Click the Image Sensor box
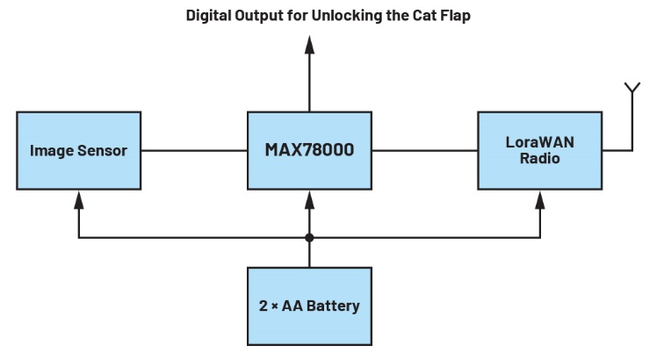tap(78, 150)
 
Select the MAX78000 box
tap(309, 150)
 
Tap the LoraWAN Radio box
tap(539, 150)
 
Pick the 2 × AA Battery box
tap(309, 306)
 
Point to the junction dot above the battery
tap(309, 237)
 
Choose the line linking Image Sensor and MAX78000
tap(194, 150)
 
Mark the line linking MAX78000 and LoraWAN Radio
tap(424, 150)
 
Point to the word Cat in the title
tap(424, 16)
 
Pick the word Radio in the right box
tap(539, 159)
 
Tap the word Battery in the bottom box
tap(332, 306)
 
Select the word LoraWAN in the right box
tap(539, 141)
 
